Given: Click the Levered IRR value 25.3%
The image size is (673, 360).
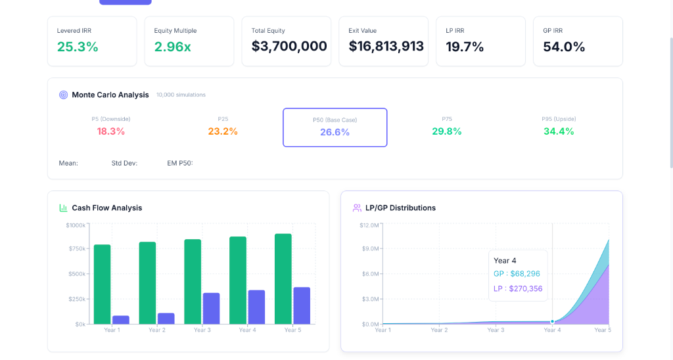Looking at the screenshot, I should coord(78,47).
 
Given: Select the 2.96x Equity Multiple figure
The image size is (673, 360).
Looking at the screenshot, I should coord(172,47).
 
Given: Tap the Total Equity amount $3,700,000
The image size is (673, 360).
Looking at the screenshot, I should coord(289,47).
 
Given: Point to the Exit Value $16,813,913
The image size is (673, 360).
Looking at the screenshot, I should coord(386,47).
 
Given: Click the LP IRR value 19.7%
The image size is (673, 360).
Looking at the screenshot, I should coord(465,47).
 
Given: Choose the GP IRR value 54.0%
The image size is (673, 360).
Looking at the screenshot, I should coord(564,47).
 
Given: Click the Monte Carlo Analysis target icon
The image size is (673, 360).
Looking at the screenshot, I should coord(64,95).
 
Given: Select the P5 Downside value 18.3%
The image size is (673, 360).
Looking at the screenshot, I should coord(111,131).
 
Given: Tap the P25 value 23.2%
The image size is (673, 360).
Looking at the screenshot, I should coord(223,131).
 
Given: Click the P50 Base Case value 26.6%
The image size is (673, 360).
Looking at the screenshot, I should coord(335,132).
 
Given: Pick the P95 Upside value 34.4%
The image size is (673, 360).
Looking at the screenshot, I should coord(559,131).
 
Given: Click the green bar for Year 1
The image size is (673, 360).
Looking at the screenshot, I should coord(103,284).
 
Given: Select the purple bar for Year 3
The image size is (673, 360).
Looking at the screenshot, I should coord(212,308).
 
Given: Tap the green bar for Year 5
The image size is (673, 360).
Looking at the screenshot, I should coord(283,279).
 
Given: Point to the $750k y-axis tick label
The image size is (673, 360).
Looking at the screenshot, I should coord(76,249).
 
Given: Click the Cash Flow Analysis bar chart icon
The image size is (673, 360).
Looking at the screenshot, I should coord(64,208).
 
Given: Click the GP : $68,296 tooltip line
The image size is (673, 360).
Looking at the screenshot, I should coord(517,274).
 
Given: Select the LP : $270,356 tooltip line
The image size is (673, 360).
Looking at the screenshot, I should coord(518,288).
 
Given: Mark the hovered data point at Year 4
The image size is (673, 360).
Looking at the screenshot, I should coord(552,321).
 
